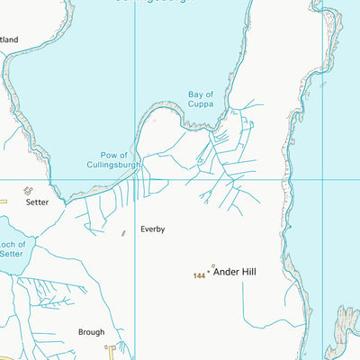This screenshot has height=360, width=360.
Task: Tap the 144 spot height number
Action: point(199,274)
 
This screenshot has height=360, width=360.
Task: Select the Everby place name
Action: point(152,229)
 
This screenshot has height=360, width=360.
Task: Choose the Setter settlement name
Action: point(37,202)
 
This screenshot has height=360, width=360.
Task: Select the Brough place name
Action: point(91,332)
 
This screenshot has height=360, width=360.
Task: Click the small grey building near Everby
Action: point(124,233)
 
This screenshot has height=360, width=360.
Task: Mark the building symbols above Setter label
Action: point(27,191)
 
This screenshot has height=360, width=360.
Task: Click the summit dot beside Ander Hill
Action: point(210,270)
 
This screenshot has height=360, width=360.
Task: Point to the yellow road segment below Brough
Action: point(113,352)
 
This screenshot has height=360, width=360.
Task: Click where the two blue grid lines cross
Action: point(135,178)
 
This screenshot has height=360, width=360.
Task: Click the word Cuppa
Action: point(200,105)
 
